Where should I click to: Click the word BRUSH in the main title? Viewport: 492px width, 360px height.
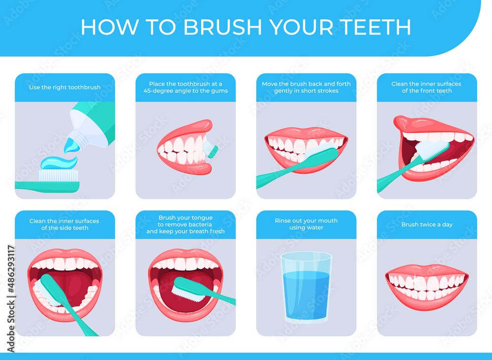point(222,27)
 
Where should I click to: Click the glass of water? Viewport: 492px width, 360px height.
point(306,288)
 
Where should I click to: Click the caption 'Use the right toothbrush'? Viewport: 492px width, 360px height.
point(65,87)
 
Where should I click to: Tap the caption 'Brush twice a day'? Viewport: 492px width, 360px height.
point(427,225)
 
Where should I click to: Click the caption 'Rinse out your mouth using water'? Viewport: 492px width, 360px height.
point(306,224)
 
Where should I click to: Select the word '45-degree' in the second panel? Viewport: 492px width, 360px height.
point(157,91)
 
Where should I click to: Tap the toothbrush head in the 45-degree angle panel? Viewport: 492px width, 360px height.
point(210,149)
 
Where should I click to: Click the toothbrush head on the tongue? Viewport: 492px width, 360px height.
point(188,289)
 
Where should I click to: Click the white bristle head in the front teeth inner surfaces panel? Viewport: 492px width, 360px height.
point(432,149)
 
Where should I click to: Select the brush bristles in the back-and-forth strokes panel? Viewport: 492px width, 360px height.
point(320,149)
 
